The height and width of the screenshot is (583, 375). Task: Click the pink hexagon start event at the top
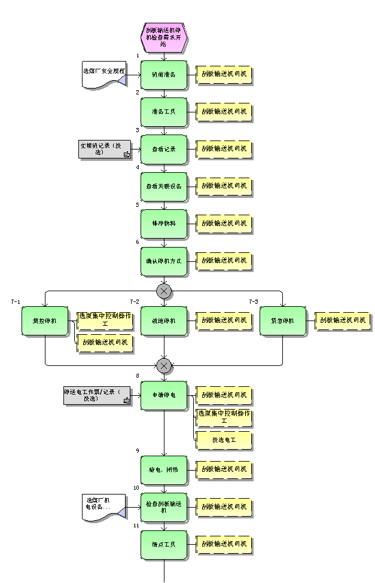pos(164,36)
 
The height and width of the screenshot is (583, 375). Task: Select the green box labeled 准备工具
pos(164,112)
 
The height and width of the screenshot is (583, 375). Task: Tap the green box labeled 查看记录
pos(164,149)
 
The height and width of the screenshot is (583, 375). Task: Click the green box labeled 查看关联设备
pos(164,187)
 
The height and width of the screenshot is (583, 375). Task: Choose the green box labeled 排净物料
pos(164,224)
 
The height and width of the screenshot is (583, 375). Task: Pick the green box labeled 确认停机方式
pos(164,261)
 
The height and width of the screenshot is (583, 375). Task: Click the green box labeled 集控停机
pos(45,321)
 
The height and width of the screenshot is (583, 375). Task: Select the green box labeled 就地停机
pos(164,321)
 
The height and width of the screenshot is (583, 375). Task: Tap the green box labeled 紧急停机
pos(283,321)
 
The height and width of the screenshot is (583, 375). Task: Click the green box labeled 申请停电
pos(164,395)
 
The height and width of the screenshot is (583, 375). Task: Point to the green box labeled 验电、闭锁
pos(164,470)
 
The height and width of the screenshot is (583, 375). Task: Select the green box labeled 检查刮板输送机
pos(164,507)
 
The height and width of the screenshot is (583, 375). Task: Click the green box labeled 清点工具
pos(164,545)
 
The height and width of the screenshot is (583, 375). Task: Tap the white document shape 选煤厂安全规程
pos(104,75)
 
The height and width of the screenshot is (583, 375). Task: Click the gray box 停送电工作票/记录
pos(97,396)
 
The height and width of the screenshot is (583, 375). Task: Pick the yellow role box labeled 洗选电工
pos(224,441)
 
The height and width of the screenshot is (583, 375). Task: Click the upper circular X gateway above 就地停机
pos(164,291)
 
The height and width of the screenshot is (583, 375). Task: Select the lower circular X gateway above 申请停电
pos(164,365)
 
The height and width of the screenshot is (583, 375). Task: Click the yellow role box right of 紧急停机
pos(343,321)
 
